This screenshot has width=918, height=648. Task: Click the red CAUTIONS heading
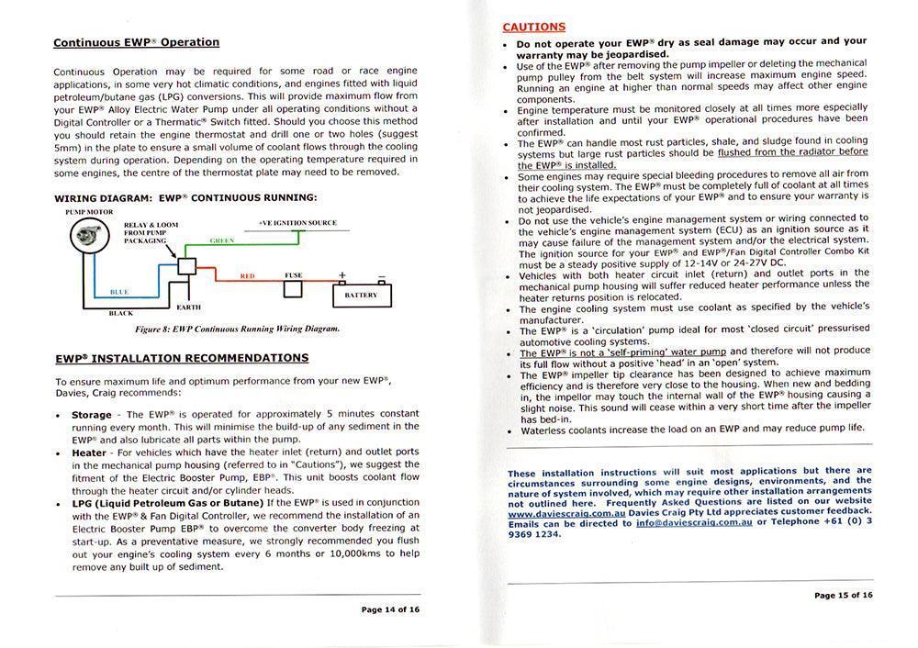coord(534,28)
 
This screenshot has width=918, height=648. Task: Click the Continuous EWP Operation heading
coord(136,42)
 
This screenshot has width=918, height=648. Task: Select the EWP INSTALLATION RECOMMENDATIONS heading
coord(182,358)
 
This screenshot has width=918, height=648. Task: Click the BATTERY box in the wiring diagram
coord(361,295)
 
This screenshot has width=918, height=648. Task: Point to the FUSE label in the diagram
coord(293,275)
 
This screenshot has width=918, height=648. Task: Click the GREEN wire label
coord(222,241)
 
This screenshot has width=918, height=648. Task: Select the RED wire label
coord(247,275)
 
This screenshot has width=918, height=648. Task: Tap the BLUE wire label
coord(119,292)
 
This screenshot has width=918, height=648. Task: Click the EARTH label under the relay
coord(189,307)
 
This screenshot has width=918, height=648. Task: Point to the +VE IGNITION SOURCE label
coord(297,222)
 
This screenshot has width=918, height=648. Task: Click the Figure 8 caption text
coord(237,328)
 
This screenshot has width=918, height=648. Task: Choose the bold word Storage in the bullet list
coord(91,415)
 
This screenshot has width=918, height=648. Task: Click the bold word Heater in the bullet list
coord(89,452)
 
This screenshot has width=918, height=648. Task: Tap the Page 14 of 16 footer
coord(390,609)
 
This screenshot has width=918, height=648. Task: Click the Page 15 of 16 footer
coord(843,595)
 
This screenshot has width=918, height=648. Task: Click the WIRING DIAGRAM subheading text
coord(185,197)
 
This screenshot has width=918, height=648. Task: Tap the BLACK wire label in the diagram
coord(120,313)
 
